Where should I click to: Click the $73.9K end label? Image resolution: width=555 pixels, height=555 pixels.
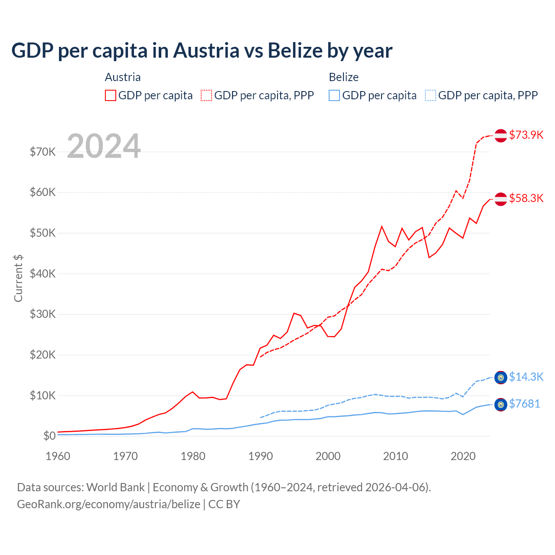tap(526, 135)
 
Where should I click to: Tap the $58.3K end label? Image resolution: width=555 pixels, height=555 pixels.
tap(526, 198)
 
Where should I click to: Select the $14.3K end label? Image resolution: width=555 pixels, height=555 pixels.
tap(526, 377)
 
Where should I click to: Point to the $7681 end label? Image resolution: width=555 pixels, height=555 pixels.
tap(524, 404)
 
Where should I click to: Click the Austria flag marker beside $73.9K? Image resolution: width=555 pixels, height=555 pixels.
tap(501, 135)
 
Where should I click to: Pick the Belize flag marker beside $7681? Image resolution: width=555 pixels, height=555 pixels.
tap(501, 405)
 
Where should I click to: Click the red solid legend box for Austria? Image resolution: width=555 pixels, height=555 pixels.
tap(111, 95)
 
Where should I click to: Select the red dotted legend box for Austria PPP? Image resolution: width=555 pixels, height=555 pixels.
tap(206, 95)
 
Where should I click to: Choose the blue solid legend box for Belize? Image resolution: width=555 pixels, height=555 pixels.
tap(334, 95)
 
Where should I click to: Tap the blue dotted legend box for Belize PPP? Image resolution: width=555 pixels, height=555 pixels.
tap(431, 95)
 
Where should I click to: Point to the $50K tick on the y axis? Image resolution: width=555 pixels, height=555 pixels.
tap(42, 233)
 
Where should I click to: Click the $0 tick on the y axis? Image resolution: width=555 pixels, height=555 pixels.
tap(49, 436)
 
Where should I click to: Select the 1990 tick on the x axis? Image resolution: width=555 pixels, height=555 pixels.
tap(261, 456)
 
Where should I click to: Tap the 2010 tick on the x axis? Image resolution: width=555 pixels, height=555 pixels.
tap(395, 456)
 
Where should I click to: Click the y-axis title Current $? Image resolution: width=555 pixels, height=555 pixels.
tap(18, 278)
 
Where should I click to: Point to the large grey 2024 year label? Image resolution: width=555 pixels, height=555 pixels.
tap(104, 146)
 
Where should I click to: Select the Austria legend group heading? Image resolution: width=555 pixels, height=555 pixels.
tap(123, 77)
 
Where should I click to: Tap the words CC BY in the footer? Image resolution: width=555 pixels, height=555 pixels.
tap(224, 504)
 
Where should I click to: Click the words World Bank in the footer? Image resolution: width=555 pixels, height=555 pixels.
tap(115, 487)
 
